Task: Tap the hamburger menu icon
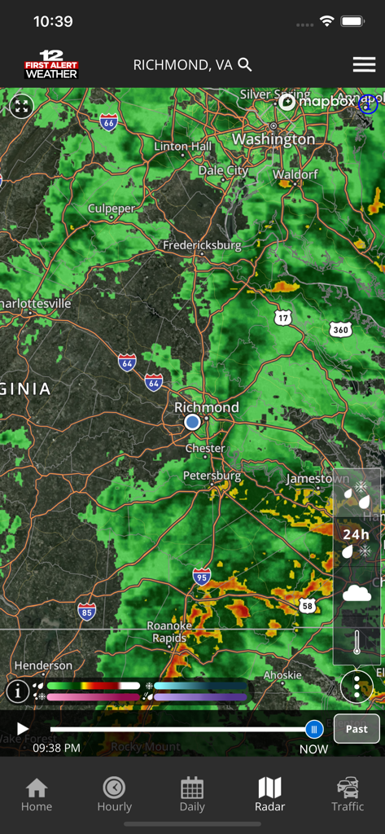(x=364, y=65)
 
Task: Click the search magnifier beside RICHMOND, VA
(x=245, y=65)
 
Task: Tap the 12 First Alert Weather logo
(x=51, y=65)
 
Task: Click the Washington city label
(x=273, y=139)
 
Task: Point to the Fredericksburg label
(x=202, y=245)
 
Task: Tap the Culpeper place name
(x=112, y=209)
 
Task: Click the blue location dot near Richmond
(x=192, y=422)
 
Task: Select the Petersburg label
(x=212, y=476)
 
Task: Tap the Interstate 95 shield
(x=202, y=577)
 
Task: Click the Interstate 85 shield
(x=87, y=611)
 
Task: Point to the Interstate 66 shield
(x=109, y=122)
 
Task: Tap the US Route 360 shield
(x=341, y=329)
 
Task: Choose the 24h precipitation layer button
(x=357, y=541)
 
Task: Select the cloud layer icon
(x=357, y=593)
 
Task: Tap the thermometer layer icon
(x=357, y=643)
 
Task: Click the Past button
(x=357, y=729)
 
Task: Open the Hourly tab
(x=114, y=794)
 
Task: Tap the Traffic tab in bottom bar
(x=348, y=794)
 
